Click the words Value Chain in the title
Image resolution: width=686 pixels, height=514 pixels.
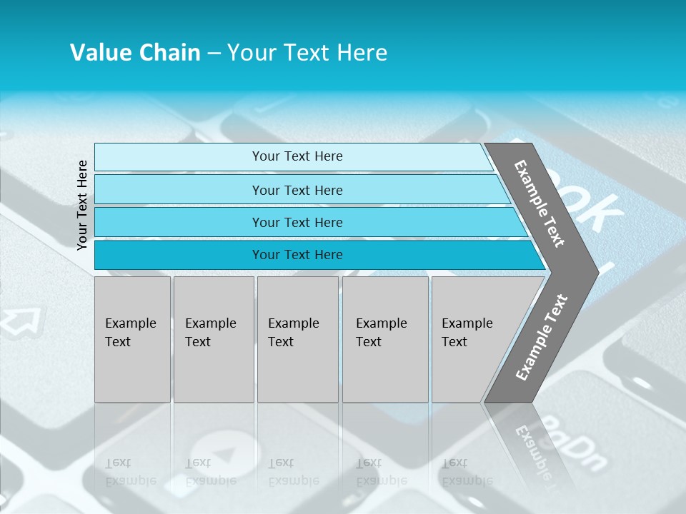135,53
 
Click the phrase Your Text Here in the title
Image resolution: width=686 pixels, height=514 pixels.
307,53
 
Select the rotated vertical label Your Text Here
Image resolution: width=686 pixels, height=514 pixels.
82,205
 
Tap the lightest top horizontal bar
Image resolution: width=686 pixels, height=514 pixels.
297,156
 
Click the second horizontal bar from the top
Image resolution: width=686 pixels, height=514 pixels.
297,190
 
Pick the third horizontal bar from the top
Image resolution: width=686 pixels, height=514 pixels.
297,222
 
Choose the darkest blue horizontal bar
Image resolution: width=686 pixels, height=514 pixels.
297,255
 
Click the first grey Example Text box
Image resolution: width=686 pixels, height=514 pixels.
132,339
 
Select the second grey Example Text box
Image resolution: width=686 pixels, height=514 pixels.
213,339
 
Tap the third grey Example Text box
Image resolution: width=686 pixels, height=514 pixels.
297,339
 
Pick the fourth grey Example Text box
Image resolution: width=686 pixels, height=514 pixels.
384,339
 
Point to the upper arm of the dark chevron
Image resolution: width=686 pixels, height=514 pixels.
540,203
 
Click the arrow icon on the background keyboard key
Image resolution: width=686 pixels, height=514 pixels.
21,321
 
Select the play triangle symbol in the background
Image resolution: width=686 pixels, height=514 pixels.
224,454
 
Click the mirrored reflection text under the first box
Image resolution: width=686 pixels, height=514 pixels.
130,472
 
